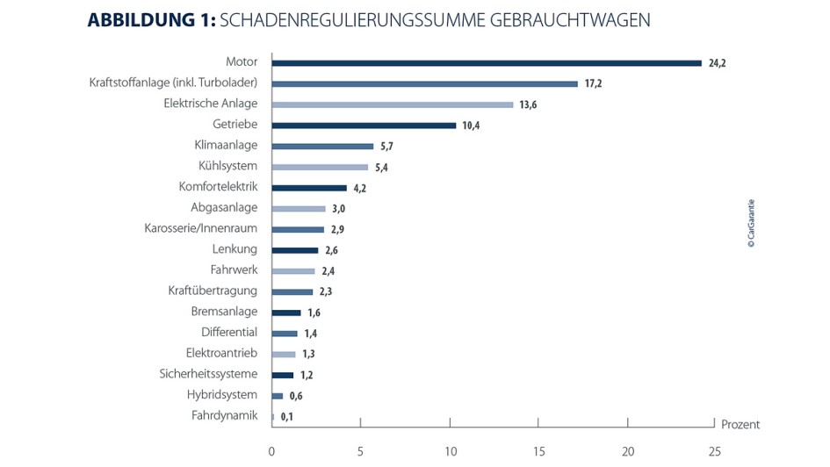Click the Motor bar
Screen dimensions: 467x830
pyautogui.click(x=487, y=63)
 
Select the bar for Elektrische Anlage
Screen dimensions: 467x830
pyautogui.click(x=393, y=104)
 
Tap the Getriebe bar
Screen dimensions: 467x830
pyautogui.click(x=364, y=126)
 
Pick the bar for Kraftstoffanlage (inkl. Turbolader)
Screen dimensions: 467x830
pyautogui.click(x=424, y=84)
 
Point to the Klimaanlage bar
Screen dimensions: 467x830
pyautogui.click(x=322, y=147)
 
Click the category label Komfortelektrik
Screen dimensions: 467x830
pyautogui.click(x=218, y=187)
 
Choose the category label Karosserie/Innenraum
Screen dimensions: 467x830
pyautogui.click(x=200, y=228)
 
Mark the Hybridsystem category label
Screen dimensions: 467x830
pyautogui.click(x=222, y=395)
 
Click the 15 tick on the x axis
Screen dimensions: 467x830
pyautogui.click(x=538, y=451)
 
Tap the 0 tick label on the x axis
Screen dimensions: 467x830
pyautogui.click(x=271, y=451)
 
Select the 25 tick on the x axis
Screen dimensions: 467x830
pyautogui.click(x=716, y=451)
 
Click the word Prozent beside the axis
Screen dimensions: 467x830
pyautogui.click(x=740, y=425)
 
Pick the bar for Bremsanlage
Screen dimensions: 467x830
pyautogui.click(x=285, y=313)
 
